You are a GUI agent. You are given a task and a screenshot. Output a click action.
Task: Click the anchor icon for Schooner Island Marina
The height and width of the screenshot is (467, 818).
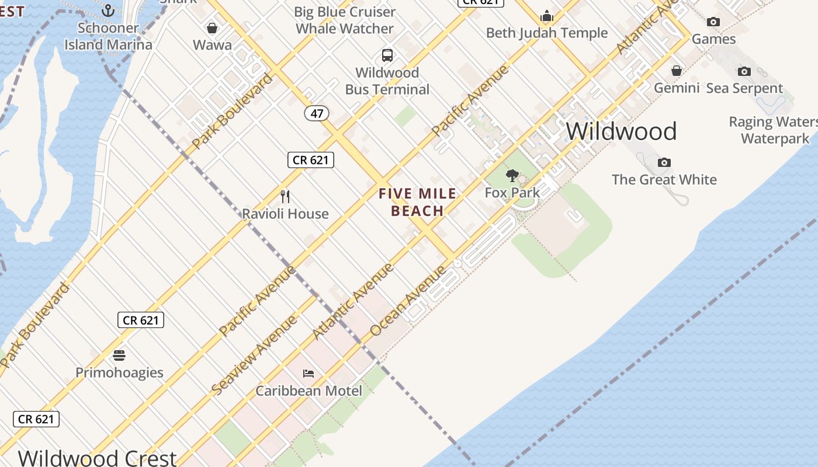[x=108, y=10]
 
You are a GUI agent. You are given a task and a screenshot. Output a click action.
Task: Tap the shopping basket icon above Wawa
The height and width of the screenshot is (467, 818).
[x=212, y=27]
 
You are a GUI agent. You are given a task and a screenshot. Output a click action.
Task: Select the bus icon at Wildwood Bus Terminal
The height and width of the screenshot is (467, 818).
[x=387, y=55]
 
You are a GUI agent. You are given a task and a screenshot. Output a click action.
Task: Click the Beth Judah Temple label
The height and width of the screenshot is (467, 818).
[x=547, y=33]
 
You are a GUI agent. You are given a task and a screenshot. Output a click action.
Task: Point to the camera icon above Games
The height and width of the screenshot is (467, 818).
[x=713, y=22]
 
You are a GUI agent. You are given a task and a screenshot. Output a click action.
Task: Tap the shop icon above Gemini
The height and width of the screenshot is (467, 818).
[x=676, y=71]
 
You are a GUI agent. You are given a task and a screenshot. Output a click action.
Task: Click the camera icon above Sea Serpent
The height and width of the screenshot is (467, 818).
[x=744, y=71]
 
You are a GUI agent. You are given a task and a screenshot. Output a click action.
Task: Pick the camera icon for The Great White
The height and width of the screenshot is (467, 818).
[x=664, y=162]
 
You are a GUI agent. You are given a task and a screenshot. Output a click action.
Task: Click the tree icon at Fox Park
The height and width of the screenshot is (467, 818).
[x=512, y=175]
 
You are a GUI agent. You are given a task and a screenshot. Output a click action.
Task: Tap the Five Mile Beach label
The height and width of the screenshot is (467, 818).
[x=417, y=202]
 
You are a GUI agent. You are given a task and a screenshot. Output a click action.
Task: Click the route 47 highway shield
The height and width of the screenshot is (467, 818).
[x=317, y=113]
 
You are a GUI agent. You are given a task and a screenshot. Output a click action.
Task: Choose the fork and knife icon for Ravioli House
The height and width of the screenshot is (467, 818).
[x=285, y=196]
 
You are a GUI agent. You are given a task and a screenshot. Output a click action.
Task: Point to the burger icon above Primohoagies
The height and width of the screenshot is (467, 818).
[x=119, y=356]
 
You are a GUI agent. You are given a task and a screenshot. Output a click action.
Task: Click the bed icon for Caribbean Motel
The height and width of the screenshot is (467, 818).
[x=309, y=374]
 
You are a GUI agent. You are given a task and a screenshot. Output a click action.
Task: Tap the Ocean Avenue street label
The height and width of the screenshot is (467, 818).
[x=408, y=301]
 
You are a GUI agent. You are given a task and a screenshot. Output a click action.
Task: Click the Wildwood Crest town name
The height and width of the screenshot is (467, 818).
[x=97, y=457]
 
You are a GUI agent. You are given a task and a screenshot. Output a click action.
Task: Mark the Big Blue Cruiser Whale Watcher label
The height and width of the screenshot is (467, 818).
[x=345, y=20]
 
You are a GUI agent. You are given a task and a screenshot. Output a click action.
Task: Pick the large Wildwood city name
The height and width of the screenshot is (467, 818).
[x=621, y=131]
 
